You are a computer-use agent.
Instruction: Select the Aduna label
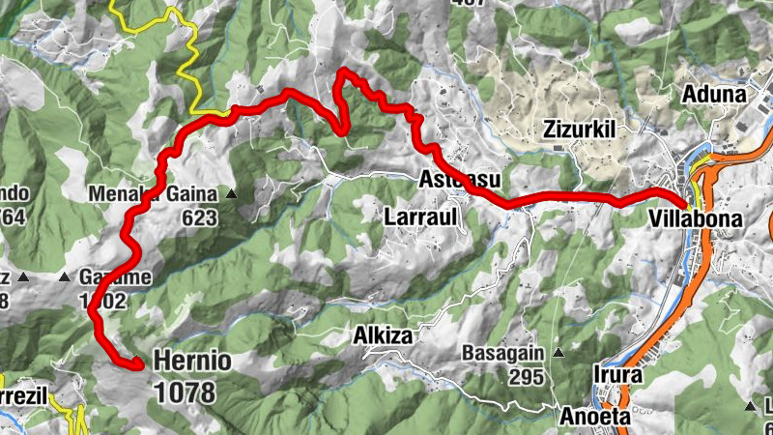(x=713, y=95)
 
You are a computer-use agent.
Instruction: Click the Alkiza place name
(x=384, y=335)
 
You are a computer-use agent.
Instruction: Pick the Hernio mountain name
(x=191, y=362)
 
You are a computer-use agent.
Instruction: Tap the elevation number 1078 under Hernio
(x=185, y=391)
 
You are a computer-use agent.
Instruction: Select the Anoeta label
(x=593, y=417)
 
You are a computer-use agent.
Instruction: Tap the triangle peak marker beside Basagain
(x=557, y=354)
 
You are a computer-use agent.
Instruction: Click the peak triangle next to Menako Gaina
(x=231, y=194)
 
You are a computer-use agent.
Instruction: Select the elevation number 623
(x=199, y=217)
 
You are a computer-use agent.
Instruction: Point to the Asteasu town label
(x=460, y=179)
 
